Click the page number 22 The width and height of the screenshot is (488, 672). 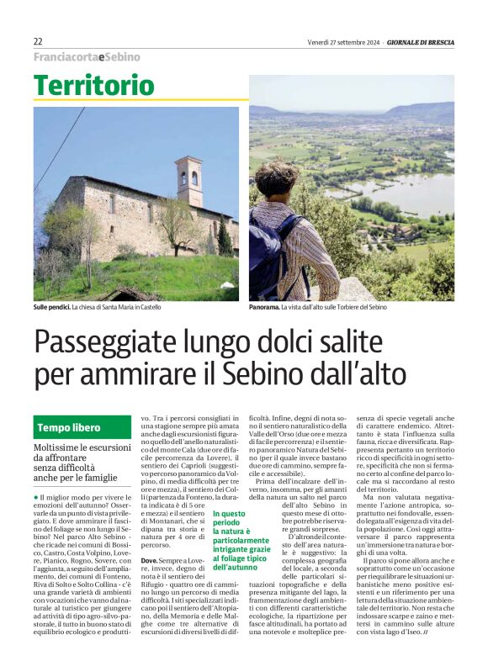pos(38,41)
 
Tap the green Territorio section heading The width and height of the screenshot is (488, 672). pos(94,85)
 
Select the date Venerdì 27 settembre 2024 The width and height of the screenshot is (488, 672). pos(344,41)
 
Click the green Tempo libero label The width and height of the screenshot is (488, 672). pos(69,427)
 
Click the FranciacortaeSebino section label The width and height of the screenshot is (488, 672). pos(87,57)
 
